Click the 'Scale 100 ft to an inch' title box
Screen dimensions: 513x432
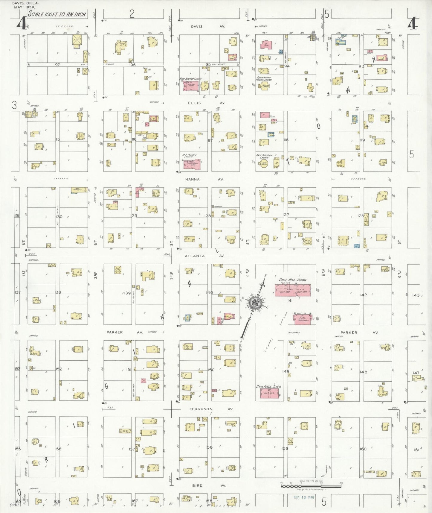click(57, 14)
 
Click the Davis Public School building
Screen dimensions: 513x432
click(269, 393)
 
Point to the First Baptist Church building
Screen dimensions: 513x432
click(191, 86)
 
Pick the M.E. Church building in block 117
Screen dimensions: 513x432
click(192, 164)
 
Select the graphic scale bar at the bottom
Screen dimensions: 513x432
click(311, 486)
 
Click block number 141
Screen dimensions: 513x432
click(289, 300)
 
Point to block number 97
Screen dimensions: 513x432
click(57, 64)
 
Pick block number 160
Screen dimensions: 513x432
click(363, 449)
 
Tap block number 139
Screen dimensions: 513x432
click(127, 293)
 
